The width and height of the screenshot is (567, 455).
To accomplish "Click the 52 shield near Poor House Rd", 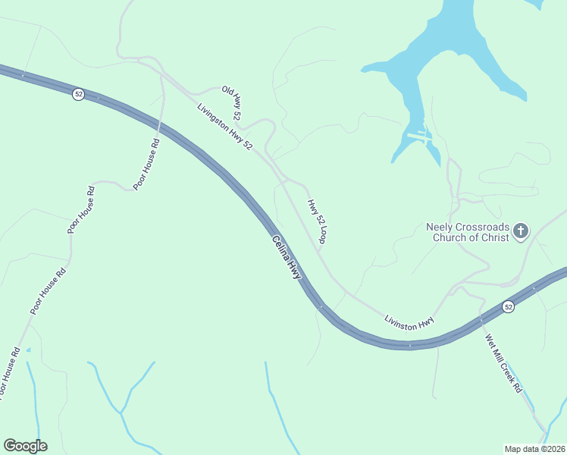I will (x=78, y=94).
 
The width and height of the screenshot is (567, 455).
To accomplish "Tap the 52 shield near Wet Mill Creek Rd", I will (x=508, y=307).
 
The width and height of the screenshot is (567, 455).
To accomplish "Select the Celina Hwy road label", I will (x=287, y=259).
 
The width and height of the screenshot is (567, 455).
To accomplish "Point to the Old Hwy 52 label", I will (x=231, y=103).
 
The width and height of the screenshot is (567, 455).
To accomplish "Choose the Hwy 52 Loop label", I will (x=317, y=221).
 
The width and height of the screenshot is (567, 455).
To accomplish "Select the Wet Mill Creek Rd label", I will (x=504, y=363).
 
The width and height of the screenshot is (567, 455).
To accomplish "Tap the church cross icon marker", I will (x=521, y=231).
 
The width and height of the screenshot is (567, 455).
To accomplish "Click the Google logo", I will (x=25, y=446).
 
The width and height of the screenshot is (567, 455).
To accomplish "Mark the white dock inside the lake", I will (x=419, y=136).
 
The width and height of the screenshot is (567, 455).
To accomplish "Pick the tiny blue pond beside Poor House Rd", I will (x=28, y=350).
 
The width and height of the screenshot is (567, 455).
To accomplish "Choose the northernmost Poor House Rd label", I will (x=146, y=164).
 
